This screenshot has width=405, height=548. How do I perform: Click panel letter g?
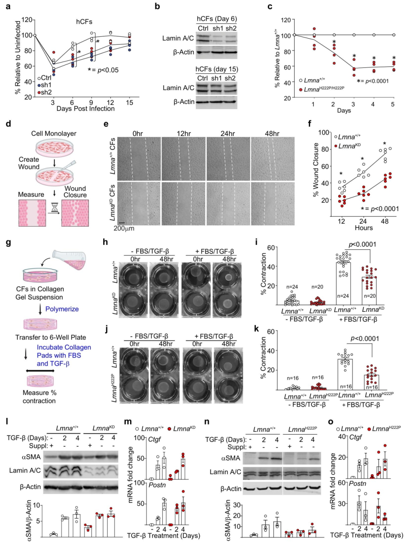pos(8,243)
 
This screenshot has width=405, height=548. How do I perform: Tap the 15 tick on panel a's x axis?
pos(129,102)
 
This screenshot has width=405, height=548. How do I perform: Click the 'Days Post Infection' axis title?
pos(85,109)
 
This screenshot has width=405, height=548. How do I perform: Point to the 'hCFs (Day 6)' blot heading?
pos(217,19)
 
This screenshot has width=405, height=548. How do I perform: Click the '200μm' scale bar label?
pos(124,228)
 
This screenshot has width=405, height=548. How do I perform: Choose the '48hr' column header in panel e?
pos(272,133)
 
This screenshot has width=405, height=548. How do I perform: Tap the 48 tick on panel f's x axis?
pos(385,221)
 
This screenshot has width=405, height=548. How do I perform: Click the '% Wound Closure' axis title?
pos(316,169)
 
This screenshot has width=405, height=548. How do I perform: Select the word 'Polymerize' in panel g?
pos(62,309)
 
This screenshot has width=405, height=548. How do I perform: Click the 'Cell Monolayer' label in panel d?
pos(54,133)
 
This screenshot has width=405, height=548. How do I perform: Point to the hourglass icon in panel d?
pos(55,207)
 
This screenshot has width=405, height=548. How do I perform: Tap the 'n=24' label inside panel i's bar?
pos(343,296)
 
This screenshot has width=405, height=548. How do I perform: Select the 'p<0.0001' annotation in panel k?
pos(364,338)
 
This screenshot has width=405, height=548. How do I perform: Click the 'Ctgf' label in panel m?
pos(154,439)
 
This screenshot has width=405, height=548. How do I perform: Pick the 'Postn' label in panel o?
pos(357,484)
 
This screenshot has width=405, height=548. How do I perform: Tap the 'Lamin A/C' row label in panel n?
pos(225,472)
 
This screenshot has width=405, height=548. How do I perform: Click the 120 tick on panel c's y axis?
pos(286,20)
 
